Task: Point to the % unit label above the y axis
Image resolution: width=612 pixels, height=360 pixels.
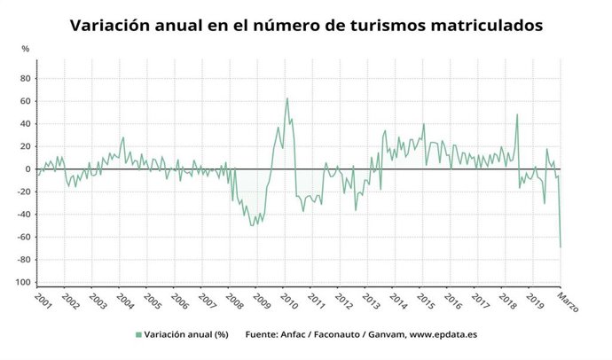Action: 25,48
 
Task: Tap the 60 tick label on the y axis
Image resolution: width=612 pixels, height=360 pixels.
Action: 25,101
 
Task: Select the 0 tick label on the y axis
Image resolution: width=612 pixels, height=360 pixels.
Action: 27,168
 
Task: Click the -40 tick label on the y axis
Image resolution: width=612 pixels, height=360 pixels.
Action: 24,215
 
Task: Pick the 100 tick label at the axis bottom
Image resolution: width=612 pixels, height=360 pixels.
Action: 23,282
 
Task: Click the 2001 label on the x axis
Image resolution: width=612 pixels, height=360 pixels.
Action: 41,301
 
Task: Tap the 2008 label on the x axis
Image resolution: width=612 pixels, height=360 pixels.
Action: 233,301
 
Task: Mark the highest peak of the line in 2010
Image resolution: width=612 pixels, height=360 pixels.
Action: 286,98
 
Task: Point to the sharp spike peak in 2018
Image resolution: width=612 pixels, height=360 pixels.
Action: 517,114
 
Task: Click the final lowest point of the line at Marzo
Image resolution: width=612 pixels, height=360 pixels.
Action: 561,247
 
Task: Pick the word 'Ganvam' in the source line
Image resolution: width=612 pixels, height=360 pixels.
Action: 381,334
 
